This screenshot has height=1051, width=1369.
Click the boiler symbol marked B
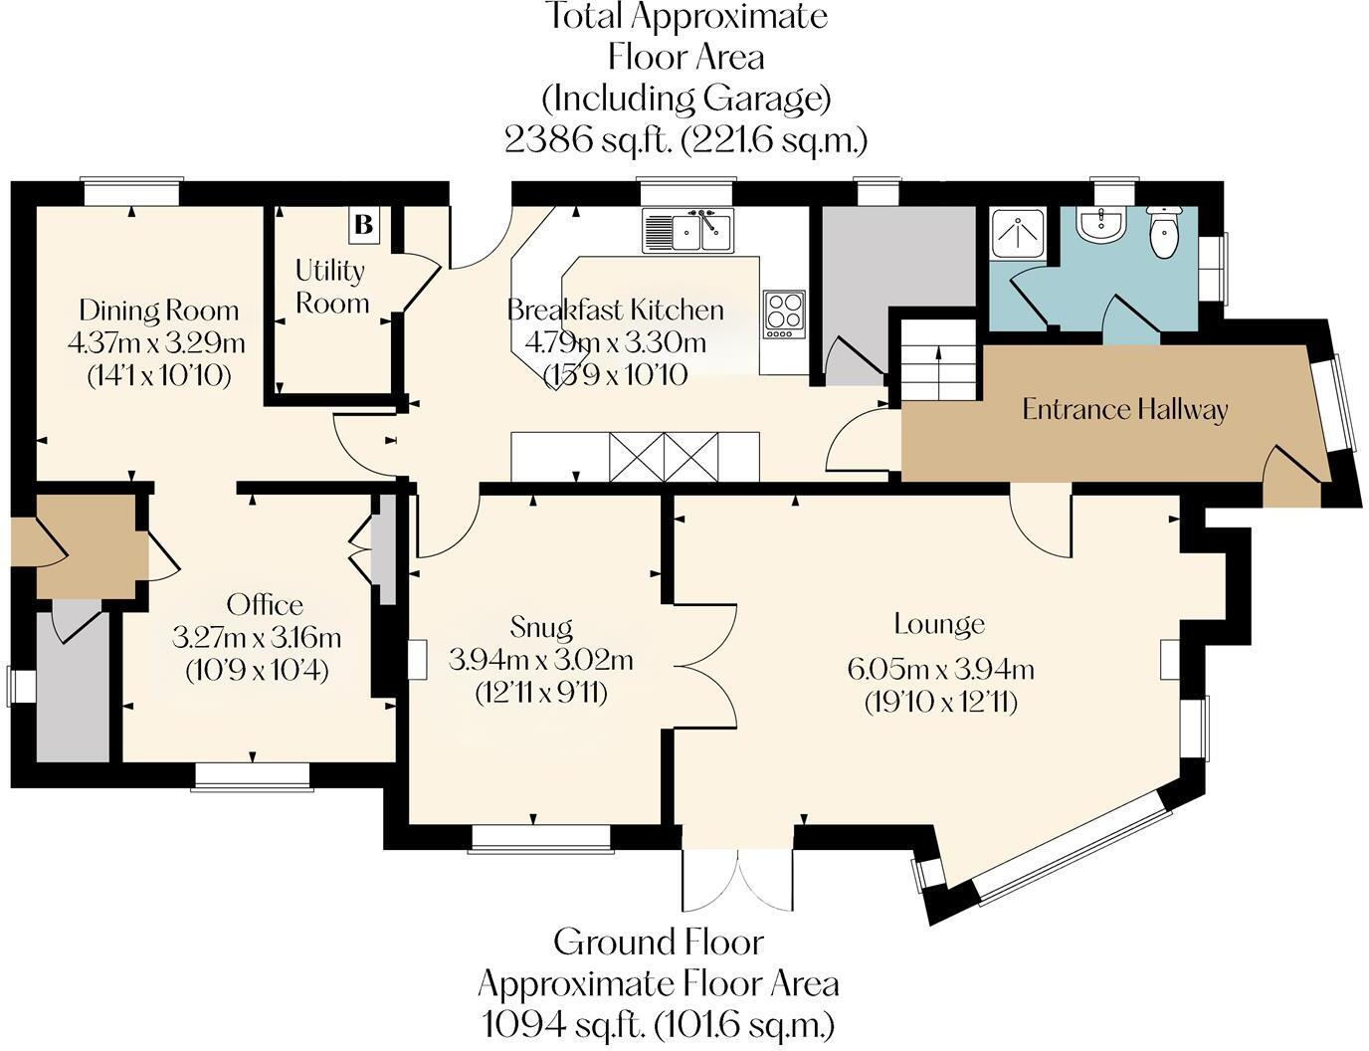point(364,224)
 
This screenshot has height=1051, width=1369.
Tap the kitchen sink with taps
point(687,229)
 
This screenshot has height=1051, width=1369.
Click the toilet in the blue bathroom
point(1163,232)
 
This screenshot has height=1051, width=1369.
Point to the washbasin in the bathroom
point(1100,225)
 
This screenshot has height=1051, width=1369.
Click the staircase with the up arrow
point(938,359)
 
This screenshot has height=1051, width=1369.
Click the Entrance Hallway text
point(1124,410)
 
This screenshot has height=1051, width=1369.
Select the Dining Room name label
point(159,311)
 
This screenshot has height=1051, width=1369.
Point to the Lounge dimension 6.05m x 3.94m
point(940,669)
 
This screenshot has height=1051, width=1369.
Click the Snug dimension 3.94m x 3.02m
point(541,660)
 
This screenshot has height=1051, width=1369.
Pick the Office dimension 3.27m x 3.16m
point(257,638)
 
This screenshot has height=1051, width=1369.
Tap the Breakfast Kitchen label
point(616,310)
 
